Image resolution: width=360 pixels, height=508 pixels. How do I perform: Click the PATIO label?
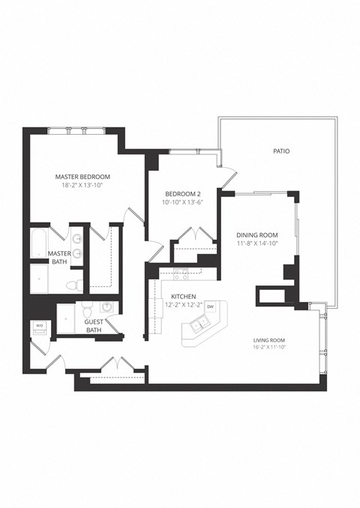(281, 151)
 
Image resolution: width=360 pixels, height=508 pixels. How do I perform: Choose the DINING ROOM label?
(256, 234)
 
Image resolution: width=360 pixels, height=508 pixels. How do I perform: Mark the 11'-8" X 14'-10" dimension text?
(256, 243)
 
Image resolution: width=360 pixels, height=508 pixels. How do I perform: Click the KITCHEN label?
(183, 297)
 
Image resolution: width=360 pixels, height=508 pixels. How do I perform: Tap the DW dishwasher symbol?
(211, 306)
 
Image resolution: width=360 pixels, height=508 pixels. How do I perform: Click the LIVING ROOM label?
(271, 339)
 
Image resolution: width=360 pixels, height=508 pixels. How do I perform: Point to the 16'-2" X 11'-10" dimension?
(271, 347)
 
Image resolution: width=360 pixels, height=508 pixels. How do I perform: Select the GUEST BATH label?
(94, 326)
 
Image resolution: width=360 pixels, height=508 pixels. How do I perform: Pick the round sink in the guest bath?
(107, 307)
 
